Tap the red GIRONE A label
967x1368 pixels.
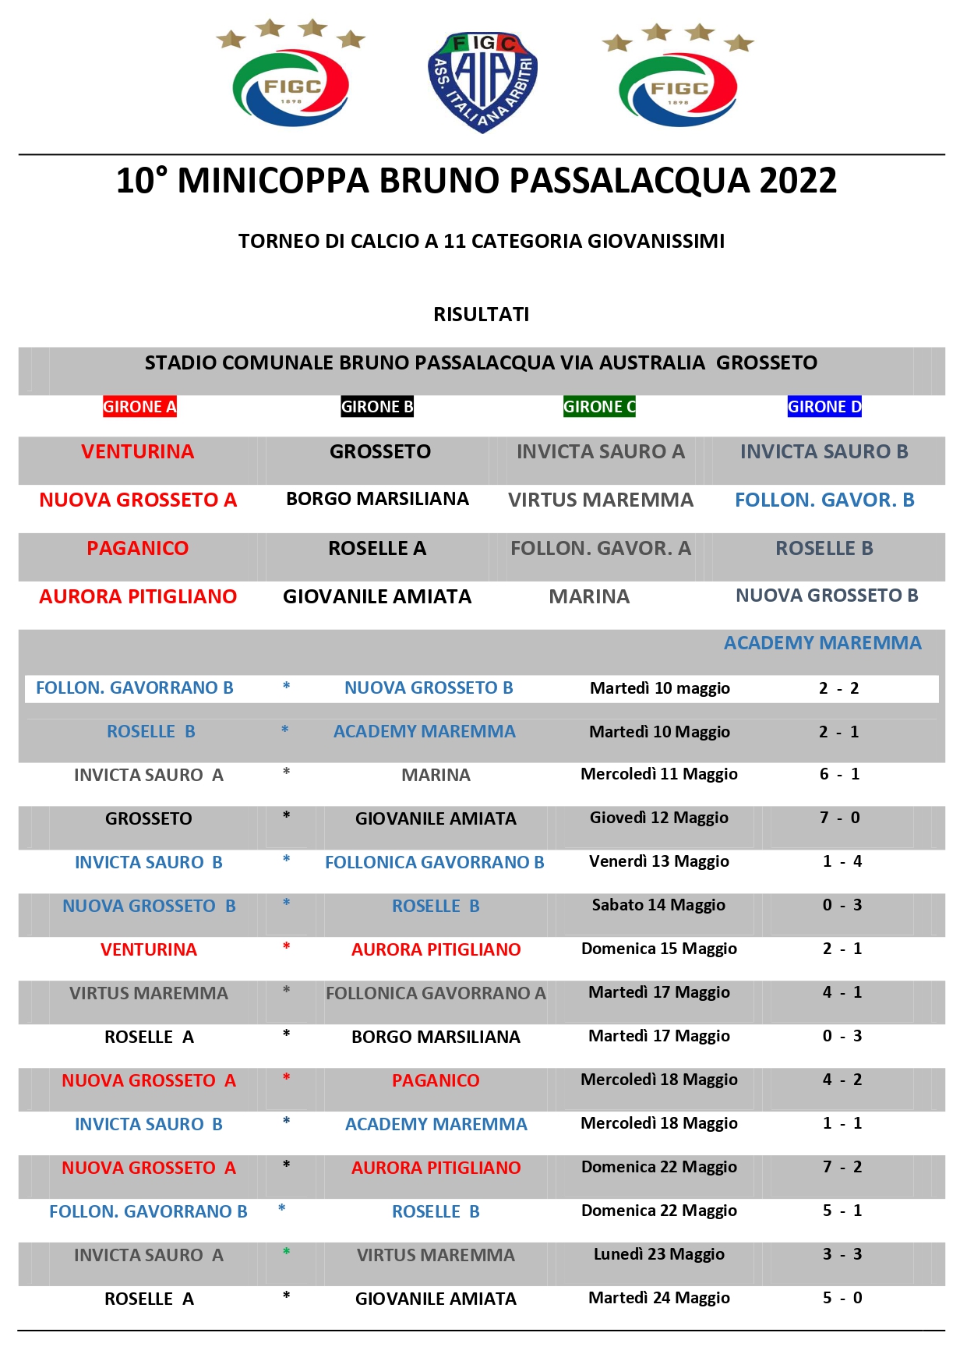tap(139, 407)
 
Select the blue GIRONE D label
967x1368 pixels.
tap(824, 407)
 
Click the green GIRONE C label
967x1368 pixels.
tap(599, 407)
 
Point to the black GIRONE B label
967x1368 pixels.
tap(377, 407)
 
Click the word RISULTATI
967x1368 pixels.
tap(482, 314)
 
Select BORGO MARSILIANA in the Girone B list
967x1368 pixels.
tap(377, 499)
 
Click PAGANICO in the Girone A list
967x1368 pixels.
tap(137, 548)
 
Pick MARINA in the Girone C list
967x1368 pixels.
tap(589, 596)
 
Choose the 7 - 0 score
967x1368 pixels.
tap(840, 818)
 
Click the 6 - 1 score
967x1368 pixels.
tap(840, 774)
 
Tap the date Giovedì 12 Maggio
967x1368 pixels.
tap(659, 818)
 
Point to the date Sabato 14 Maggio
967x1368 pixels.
tap(658, 905)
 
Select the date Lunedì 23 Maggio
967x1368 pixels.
tap(659, 1254)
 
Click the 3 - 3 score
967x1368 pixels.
tap(842, 1254)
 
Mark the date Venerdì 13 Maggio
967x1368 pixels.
tap(659, 861)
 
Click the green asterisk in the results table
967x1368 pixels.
tap(287, 1252)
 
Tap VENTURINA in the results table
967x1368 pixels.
tap(149, 949)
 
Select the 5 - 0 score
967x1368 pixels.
tap(842, 1298)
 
